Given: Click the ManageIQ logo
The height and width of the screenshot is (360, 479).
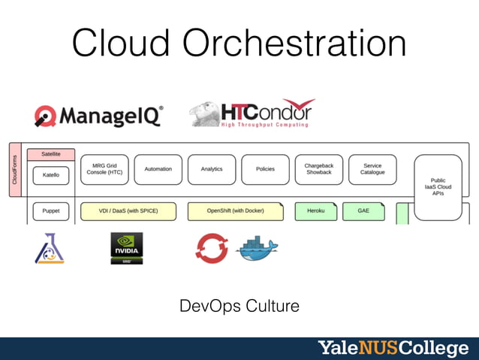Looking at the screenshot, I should [x=98, y=115].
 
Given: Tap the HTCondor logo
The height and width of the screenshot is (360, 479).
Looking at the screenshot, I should [x=252, y=113].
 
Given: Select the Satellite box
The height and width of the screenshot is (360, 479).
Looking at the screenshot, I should [x=51, y=154].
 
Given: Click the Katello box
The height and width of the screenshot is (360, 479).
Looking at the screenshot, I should [x=51, y=175].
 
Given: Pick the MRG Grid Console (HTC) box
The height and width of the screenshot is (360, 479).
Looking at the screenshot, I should [x=104, y=169].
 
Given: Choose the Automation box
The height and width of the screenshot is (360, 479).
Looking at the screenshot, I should [x=158, y=169].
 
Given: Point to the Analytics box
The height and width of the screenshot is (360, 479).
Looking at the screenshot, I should [x=212, y=169].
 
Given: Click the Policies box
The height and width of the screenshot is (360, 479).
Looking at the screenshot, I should [x=265, y=169].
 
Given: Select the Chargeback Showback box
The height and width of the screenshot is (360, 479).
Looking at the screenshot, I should [x=319, y=169].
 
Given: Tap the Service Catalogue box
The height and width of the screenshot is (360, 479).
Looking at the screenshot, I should [x=372, y=169].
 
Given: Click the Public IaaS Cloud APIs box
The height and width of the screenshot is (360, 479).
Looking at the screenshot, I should [x=438, y=186].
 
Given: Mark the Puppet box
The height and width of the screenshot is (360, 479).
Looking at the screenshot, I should [x=51, y=211].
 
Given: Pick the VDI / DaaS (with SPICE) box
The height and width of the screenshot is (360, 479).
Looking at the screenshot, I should [x=128, y=211].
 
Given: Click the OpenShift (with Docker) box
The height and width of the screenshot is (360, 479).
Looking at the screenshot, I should [x=235, y=211].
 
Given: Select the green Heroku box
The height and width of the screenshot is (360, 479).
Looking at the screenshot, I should [x=316, y=211].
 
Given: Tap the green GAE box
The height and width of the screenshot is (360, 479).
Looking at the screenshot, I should [x=363, y=211].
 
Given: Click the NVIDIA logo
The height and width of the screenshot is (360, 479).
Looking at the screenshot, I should [x=126, y=248].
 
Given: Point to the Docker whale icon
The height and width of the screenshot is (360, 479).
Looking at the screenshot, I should [x=257, y=249].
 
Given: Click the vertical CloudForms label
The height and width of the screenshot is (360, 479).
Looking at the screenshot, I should [x=14, y=170].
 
